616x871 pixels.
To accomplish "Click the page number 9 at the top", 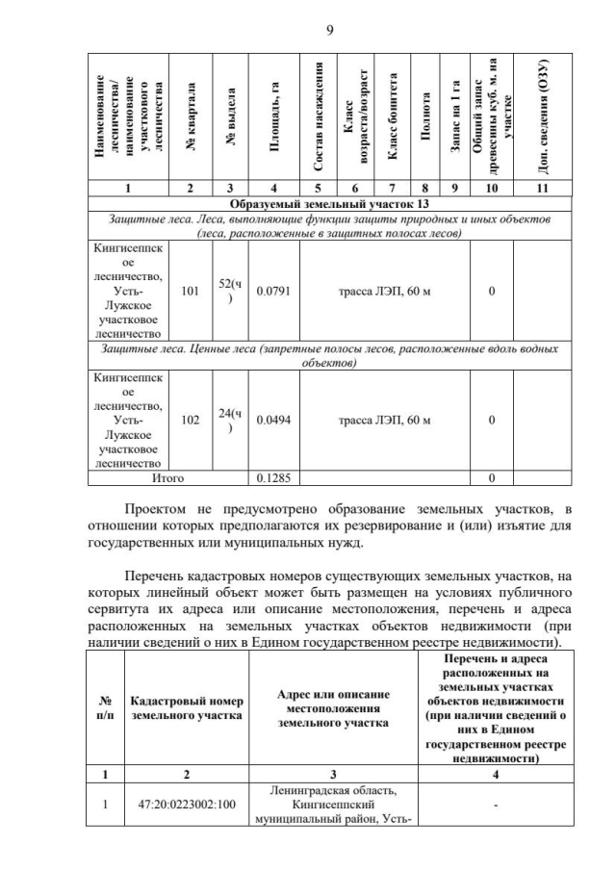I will [x=329, y=30].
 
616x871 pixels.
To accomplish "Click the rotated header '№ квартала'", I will [x=192, y=117].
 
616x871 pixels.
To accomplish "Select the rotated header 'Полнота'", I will [x=423, y=117].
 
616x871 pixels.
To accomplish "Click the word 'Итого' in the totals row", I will [x=167, y=476].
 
